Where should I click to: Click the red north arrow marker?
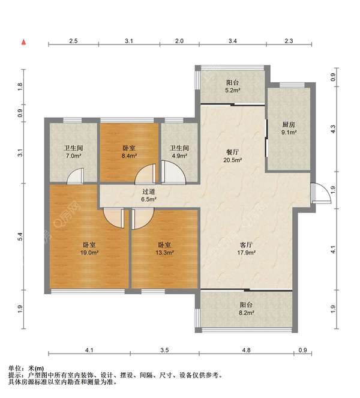tap(23, 42)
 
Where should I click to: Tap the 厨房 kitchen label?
tap(289, 125)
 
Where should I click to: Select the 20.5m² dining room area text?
tap(232, 160)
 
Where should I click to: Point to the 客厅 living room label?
tap(246, 245)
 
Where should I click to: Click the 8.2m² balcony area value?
tap(246, 313)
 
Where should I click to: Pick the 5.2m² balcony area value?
tap(233, 90)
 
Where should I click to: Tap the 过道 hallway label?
tap(148, 192)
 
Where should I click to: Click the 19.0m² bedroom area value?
tap(89, 253)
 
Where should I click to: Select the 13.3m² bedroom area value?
tap(164, 253)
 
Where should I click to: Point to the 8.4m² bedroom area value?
tap(129, 156)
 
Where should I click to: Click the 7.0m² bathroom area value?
tap(74, 156)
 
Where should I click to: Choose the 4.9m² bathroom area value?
tap(179, 156)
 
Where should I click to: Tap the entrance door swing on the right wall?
tap(320, 193)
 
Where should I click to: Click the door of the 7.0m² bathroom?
tap(76, 176)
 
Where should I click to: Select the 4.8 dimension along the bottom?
tap(246, 351)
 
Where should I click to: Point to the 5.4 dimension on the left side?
tap(20, 237)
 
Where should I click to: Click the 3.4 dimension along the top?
tap(233, 41)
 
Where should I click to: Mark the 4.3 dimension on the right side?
tap(333, 129)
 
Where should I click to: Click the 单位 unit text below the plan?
tap(15, 369)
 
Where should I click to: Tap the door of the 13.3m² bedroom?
tap(143, 219)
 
